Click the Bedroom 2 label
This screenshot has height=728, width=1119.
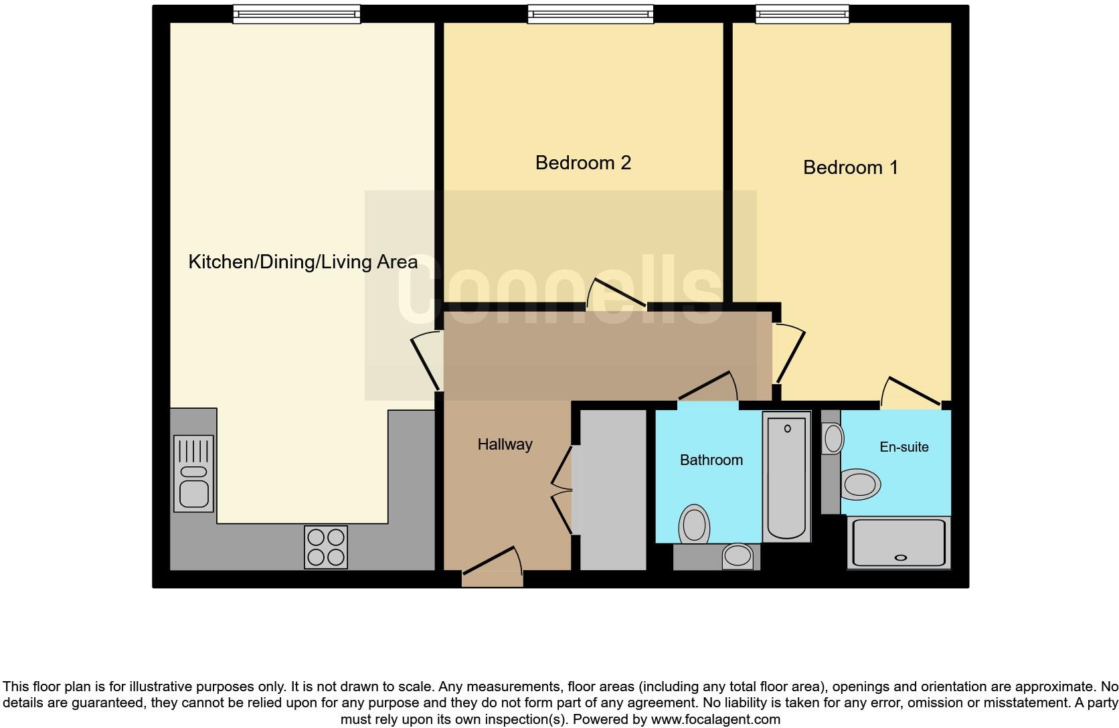pos(583,163)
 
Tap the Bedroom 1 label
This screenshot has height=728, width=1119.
pos(850,167)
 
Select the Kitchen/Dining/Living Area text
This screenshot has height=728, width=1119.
pos(303,262)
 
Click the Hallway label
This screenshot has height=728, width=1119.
pos(505,444)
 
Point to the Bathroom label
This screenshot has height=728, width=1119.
pos(711,460)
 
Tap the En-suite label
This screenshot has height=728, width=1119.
pos(903,447)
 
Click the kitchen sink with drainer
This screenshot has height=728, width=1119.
pos(193,474)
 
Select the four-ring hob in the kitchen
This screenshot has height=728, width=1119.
pos(326,547)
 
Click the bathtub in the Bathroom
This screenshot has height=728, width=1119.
pos(786,476)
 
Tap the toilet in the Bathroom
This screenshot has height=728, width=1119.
pos(694,524)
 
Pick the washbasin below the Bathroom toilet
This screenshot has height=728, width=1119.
pos(738,556)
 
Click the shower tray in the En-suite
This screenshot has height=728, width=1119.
pos(899,543)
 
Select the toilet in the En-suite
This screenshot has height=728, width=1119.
pos(860,484)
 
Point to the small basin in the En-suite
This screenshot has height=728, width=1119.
pos(833,439)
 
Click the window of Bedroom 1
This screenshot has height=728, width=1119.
pos(802,14)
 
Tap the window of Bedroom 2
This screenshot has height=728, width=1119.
pos(590,14)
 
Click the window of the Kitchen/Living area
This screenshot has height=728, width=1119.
pos(296,14)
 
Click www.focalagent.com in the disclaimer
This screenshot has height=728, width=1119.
pos(715,720)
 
